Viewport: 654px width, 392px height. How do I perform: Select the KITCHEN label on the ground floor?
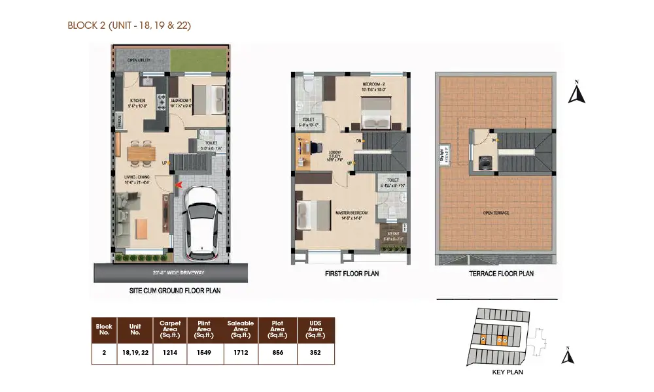(137, 100)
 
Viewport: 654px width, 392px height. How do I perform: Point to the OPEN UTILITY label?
(141, 61)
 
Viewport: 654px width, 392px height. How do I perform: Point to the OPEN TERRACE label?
(496, 213)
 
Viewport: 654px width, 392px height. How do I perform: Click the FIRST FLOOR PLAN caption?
(351, 274)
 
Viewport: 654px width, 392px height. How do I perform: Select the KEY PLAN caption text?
(507, 372)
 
